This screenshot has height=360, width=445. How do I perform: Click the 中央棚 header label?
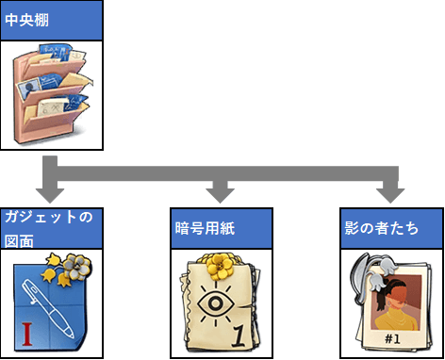tap(26, 21)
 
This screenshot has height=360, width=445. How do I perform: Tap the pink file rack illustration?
tap(52, 94)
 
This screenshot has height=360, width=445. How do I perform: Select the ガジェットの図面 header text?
tap(49, 229)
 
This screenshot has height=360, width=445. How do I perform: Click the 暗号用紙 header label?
tap(205, 228)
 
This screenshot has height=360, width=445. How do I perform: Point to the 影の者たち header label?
tap(381, 228)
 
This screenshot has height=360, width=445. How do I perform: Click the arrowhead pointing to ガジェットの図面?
tap(50, 195)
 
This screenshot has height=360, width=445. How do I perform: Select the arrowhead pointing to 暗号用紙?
tap(220, 195)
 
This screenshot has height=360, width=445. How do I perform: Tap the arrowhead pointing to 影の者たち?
tap(390, 195)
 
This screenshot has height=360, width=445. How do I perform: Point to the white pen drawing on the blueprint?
tap(48, 309)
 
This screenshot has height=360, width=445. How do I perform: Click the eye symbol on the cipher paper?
tap(216, 303)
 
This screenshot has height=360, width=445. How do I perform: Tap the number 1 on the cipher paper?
tap(240, 336)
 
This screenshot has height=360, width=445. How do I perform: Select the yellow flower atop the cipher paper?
tap(220, 267)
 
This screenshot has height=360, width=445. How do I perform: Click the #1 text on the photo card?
tap(392, 339)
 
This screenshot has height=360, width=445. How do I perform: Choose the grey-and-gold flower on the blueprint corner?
tap(76, 268)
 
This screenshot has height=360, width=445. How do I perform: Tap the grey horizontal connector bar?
tap(228, 173)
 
